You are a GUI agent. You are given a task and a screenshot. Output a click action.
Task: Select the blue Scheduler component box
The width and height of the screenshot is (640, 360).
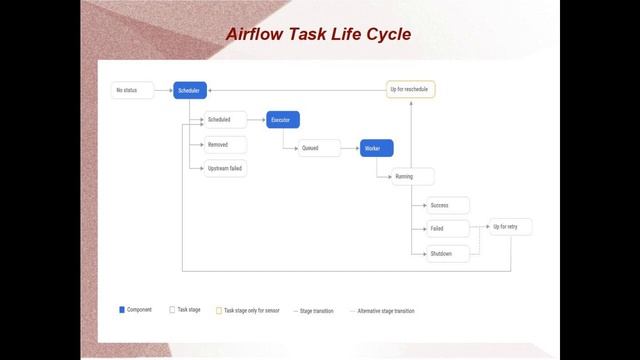click(189, 90)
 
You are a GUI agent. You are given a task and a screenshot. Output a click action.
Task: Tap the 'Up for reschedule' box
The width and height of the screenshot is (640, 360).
click(410, 89)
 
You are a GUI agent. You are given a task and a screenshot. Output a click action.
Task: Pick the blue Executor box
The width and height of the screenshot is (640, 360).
click(283, 120)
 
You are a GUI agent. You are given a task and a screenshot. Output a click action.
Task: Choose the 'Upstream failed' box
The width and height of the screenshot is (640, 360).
click(223, 168)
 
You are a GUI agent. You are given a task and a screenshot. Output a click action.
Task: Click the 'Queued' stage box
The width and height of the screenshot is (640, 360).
click(319, 148)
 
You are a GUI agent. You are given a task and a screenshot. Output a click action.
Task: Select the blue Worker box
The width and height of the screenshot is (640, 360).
click(376, 148)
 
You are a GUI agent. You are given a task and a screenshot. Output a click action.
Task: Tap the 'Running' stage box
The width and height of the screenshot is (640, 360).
click(412, 176)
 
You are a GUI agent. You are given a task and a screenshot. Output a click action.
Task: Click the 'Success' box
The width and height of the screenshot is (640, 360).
click(447, 205)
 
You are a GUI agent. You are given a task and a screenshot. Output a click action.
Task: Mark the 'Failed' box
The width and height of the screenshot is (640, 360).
click(447, 229)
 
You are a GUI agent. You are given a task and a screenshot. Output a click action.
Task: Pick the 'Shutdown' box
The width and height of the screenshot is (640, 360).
click(447, 254)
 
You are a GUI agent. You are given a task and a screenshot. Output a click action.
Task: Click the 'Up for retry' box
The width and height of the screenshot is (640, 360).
click(510, 227)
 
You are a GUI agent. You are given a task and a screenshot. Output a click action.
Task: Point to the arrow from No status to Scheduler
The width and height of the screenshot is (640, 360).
click(163, 90)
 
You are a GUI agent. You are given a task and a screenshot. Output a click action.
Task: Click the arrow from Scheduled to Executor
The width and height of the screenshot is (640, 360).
click(256, 120)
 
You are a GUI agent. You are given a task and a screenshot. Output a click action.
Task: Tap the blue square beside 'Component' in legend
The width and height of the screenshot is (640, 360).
click(122, 310)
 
